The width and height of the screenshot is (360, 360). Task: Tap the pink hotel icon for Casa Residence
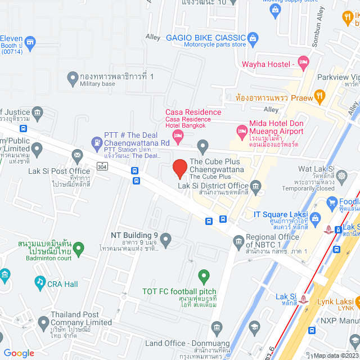178,135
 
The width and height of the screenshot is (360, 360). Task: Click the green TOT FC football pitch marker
204,276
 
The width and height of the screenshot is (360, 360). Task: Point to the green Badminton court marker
79,247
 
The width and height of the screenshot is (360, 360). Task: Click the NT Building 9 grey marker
165,241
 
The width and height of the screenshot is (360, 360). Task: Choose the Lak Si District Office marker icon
256,186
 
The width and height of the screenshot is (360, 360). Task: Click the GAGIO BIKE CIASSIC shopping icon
253,38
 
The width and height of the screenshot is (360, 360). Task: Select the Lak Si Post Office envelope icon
76,155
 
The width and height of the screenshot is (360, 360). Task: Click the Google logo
19,353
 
